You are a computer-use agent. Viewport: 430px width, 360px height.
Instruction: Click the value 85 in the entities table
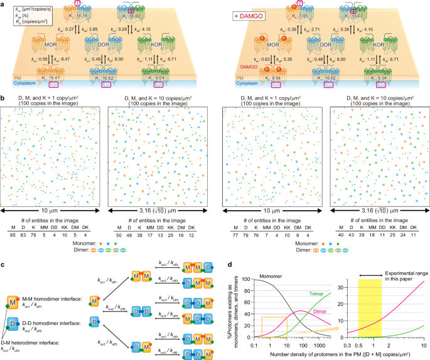[12, 234]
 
